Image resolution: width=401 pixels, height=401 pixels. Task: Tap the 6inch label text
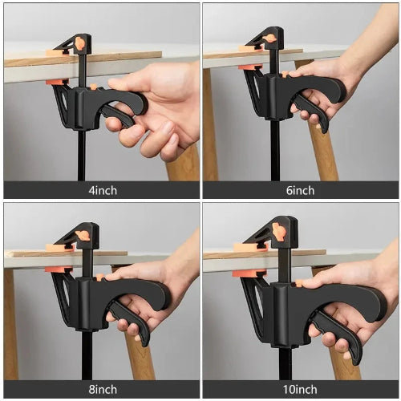click(300, 191)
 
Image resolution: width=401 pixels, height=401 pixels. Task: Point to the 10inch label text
click(300, 390)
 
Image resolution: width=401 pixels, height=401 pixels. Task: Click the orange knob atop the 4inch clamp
click(79, 43)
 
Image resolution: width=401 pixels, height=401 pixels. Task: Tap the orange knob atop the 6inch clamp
click(270, 38)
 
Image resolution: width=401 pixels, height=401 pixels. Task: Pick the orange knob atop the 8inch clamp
click(82, 235)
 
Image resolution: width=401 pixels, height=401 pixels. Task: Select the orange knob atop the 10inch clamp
click(278, 232)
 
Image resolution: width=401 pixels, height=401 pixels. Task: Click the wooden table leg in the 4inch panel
click(184, 164)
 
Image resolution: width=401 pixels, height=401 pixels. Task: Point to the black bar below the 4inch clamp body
click(81, 156)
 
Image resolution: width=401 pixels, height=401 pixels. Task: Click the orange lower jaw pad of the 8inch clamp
click(55, 269)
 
